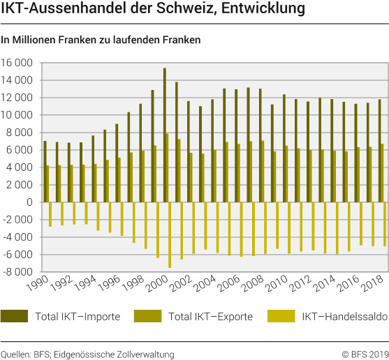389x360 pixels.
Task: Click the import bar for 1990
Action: click(45, 172)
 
